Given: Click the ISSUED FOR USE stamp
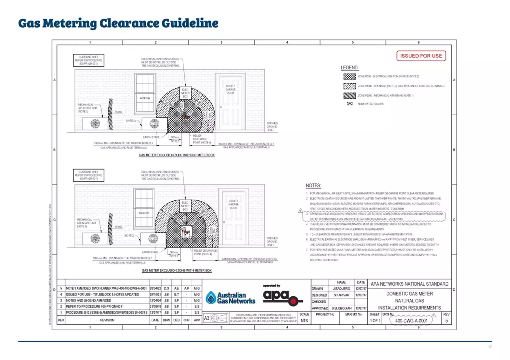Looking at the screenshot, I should coord(421,56).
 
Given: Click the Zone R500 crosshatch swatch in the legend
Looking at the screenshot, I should coord(350,76).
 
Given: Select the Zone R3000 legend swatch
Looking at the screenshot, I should coord(350,96).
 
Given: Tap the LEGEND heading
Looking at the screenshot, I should coord(349,68).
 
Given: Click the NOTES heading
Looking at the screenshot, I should coord(313,185).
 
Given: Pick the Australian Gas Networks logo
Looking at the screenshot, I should coord(231,298).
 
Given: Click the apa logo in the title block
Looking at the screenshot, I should coord(282,297).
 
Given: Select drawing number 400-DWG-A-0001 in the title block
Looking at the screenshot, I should coord(411,321).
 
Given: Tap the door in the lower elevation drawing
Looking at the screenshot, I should coord(233,218).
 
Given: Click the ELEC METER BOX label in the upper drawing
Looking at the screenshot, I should coord(185,93).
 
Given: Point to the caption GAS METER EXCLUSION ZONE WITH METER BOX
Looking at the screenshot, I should coord(176,270).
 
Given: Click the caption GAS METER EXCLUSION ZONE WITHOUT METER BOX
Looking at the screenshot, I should coord(176,155).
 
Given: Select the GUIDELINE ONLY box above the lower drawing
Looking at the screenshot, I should coord(89,175).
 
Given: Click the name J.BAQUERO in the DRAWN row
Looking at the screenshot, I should coord(341,289).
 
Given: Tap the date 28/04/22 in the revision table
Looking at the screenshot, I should coord(155,288).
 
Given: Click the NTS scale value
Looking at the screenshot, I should coord(304,321).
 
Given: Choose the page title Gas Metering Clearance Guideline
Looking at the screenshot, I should coord(118,23).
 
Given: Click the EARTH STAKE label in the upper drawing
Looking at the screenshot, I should coord(151,137).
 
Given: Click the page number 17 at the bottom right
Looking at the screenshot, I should coord(490,347).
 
